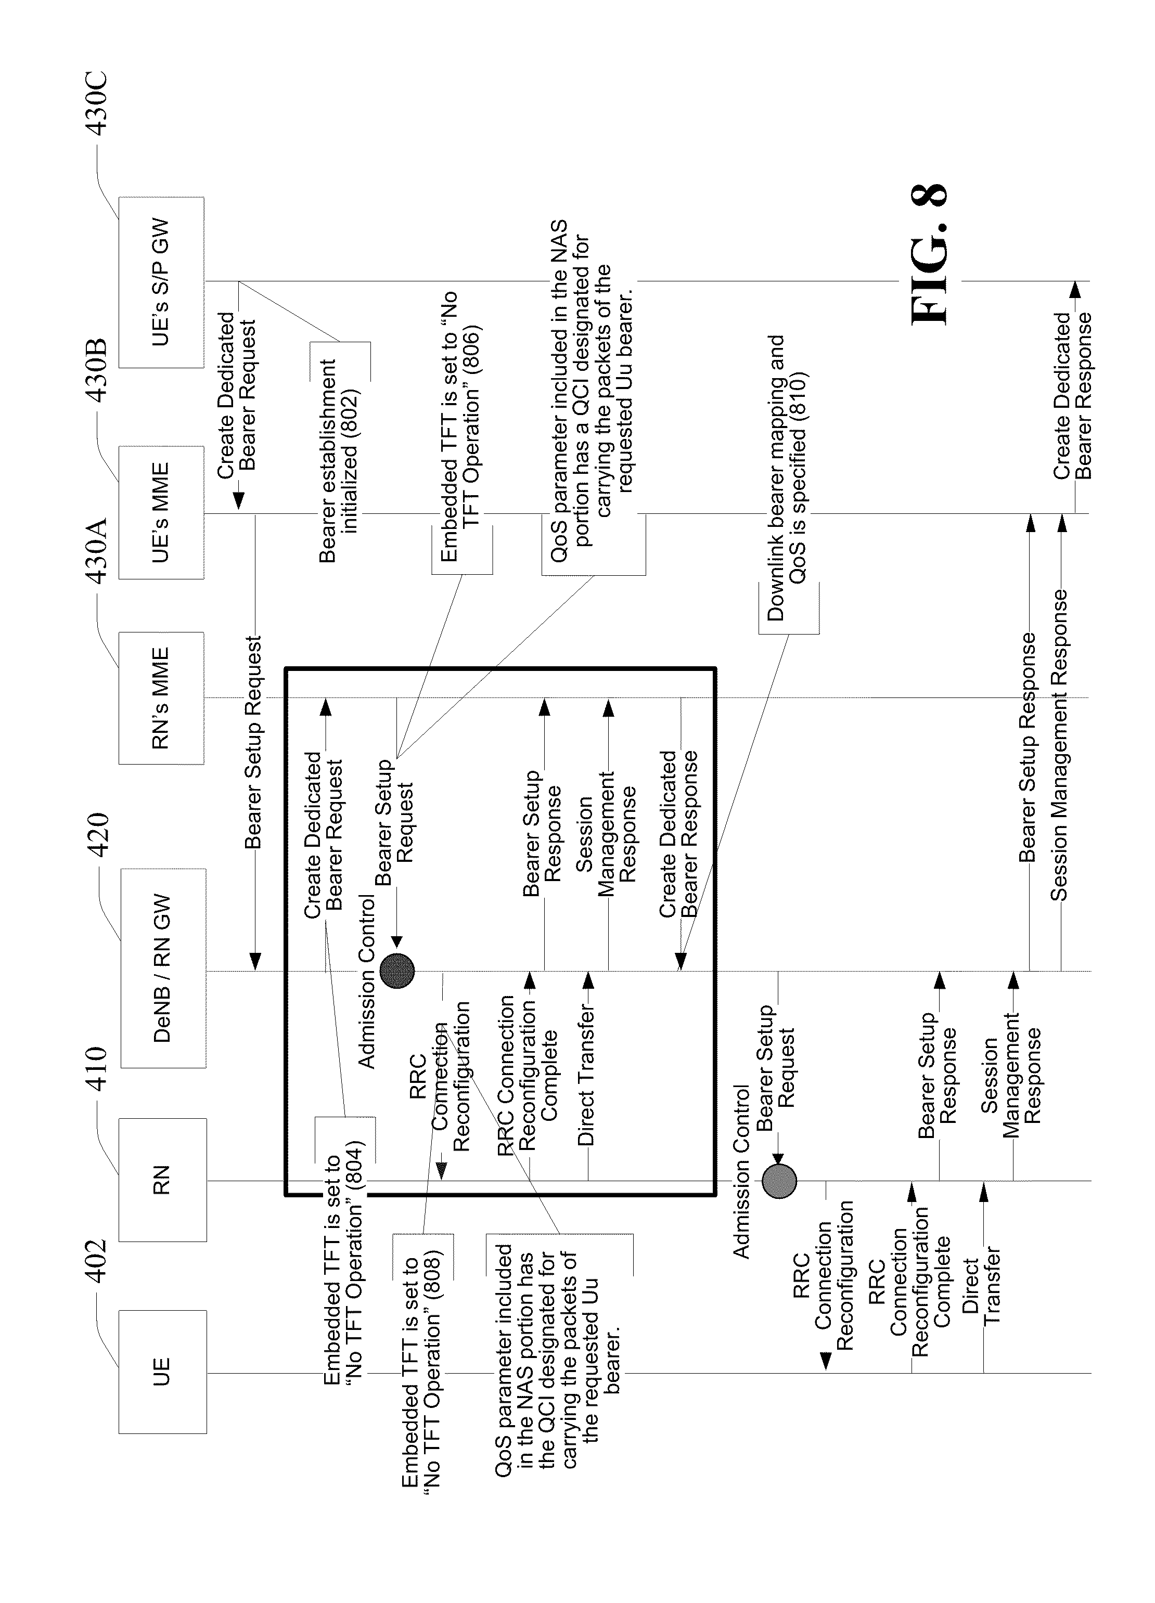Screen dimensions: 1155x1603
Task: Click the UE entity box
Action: tap(162, 1371)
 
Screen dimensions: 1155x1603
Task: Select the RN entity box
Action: tap(162, 1180)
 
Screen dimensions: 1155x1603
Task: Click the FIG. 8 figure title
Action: tap(928, 254)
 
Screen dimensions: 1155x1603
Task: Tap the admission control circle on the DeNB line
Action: tap(396, 971)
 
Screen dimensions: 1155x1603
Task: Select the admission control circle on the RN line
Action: tap(779, 1180)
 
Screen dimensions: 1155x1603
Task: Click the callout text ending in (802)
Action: tap(339, 459)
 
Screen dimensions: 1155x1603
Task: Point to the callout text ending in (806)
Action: tap(460, 426)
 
